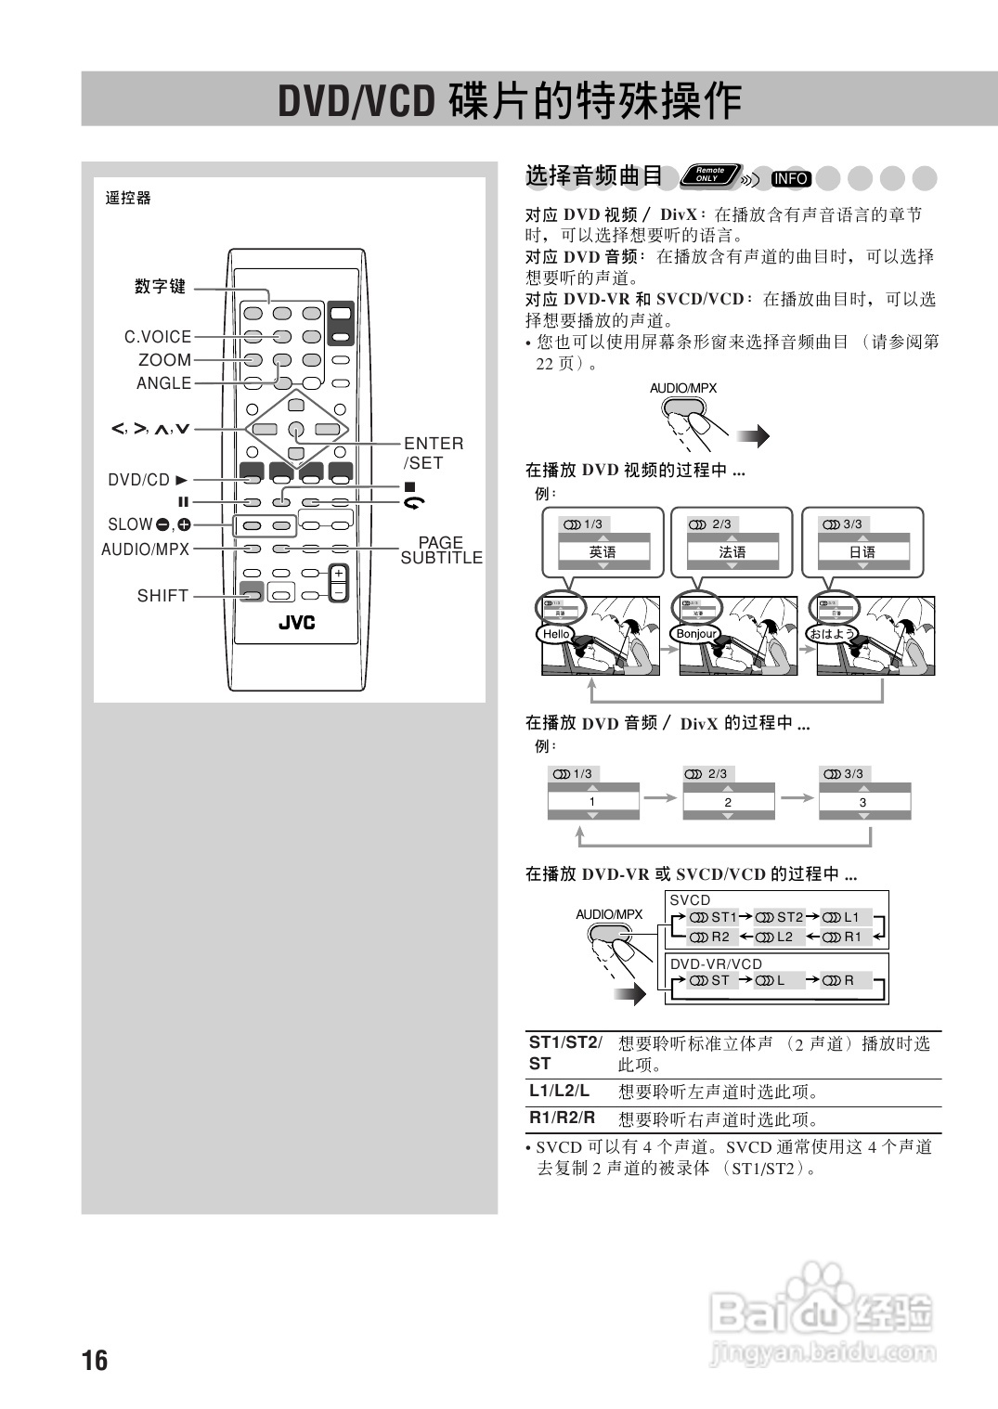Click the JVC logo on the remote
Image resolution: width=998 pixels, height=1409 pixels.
[296, 623]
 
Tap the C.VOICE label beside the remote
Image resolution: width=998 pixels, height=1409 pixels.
[158, 337]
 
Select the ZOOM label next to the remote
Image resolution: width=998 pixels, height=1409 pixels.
[164, 360]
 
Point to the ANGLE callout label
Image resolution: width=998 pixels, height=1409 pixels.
[163, 383]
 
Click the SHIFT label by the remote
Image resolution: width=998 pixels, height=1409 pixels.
[162, 596]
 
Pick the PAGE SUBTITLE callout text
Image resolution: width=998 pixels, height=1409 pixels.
[441, 550]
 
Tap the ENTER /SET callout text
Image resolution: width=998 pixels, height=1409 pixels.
[433, 453]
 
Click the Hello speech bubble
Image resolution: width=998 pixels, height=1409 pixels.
[556, 634]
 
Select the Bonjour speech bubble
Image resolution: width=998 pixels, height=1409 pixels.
[695, 634]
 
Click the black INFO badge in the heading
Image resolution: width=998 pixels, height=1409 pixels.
[791, 178]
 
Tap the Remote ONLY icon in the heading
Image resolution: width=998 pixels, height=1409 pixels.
[710, 175]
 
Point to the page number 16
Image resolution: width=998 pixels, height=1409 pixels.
[95, 1361]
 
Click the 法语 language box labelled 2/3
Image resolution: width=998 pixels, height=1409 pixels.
[732, 551]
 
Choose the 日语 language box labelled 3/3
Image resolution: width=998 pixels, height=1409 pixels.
[862, 551]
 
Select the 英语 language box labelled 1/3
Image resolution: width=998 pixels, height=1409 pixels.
[603, 551]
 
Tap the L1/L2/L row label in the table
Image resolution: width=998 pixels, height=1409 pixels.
[559, 1092]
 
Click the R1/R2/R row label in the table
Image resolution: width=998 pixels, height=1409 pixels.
[562, 1118]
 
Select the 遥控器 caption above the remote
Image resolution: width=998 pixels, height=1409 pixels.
[128, 198]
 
